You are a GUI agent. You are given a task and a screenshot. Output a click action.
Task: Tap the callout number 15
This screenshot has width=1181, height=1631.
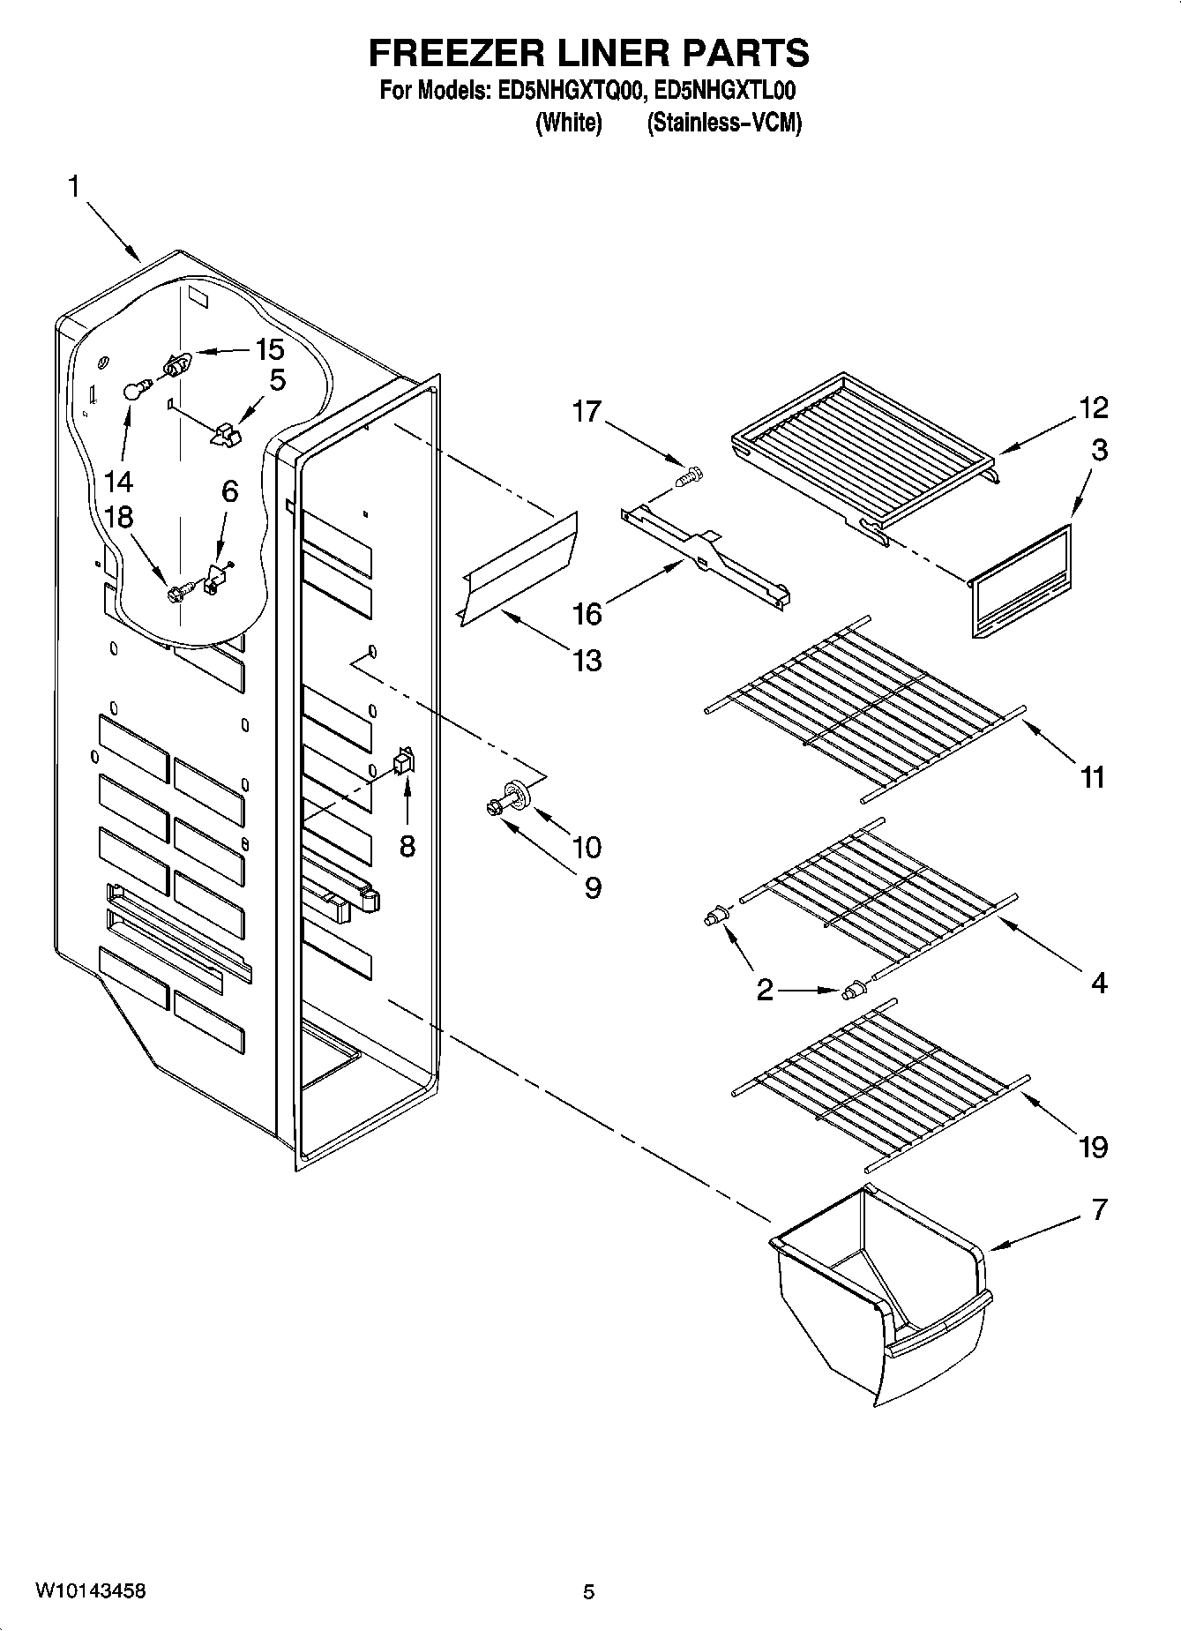(x=269, y=349)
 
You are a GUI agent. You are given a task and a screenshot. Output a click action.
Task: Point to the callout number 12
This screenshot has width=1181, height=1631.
(x=1093, y=408)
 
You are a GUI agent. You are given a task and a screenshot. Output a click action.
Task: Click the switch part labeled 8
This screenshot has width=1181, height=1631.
(x=403, y=761)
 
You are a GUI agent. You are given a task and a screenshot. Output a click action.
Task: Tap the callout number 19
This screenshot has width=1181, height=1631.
(x=1093, y=1147)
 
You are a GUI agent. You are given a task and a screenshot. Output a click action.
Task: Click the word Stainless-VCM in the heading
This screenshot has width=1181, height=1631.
(x=724, y=123)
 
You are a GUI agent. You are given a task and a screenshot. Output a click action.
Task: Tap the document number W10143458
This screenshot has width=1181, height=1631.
(x=90, y=1591)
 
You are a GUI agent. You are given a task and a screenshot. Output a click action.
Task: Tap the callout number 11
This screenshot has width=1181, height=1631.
(x=1092, y=777)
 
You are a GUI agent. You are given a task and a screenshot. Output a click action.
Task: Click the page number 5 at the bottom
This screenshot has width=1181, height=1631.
(x=588, y=1591)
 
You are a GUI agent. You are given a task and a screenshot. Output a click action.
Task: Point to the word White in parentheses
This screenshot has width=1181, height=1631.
(x=569, y=123)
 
